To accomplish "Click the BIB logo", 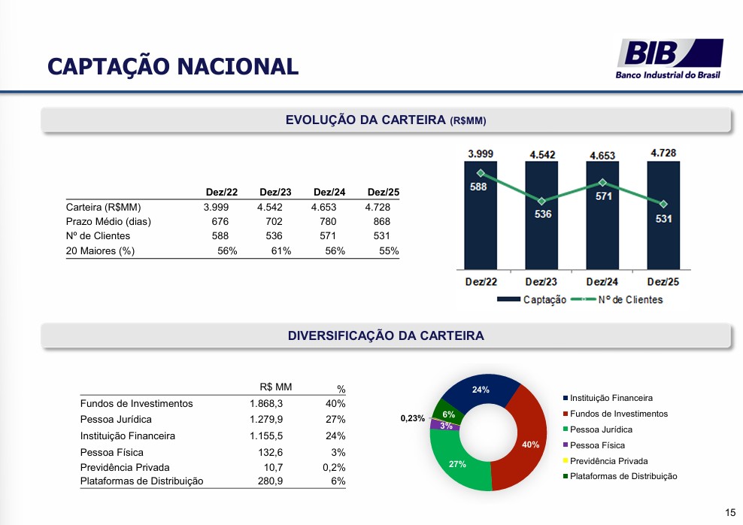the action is [669, 59].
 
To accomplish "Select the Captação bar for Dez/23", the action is [541, 216].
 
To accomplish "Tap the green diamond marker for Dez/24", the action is [602, 183].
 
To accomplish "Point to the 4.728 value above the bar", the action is [663, 153].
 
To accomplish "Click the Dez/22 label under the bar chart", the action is [481, 282].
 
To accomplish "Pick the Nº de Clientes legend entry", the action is [617, 299].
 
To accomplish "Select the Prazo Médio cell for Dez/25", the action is [381, 221].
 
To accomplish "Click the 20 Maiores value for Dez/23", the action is [281, 250].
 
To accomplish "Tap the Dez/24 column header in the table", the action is [329, 192].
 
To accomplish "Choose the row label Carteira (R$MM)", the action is [103, 207].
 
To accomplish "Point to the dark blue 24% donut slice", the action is [478, 392].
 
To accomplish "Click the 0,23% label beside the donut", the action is [413, 418].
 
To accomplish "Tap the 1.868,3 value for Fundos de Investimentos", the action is [266, 403].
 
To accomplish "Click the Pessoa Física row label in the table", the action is [112, 452].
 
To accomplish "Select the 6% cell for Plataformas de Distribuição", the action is [338, 481].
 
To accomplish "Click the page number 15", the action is [730, 512].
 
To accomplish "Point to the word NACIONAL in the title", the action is [238, 66].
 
